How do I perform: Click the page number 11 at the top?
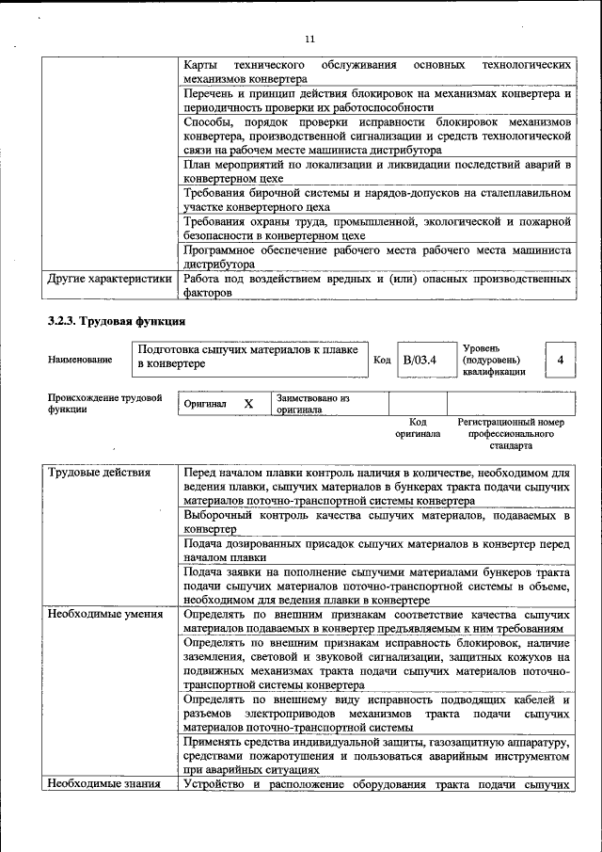[x=309, y=39]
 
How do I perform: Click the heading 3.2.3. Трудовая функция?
[x=103, y=321]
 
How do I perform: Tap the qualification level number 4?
[x=561, y=360]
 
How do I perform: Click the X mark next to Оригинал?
[x=248, y=404]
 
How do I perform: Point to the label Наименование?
[x=80, y=360]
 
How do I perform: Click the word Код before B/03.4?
[x=382, y=360]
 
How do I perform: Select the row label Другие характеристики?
[x=110, y=280]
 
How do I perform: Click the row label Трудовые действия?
[x=99, y=472]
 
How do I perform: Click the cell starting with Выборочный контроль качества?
[x=377, y=522]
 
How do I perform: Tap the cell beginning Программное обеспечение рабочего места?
[x=377, y=257]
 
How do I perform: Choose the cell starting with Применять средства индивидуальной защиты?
[x=377, y=756]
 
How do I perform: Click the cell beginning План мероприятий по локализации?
[x=377, y=171]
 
